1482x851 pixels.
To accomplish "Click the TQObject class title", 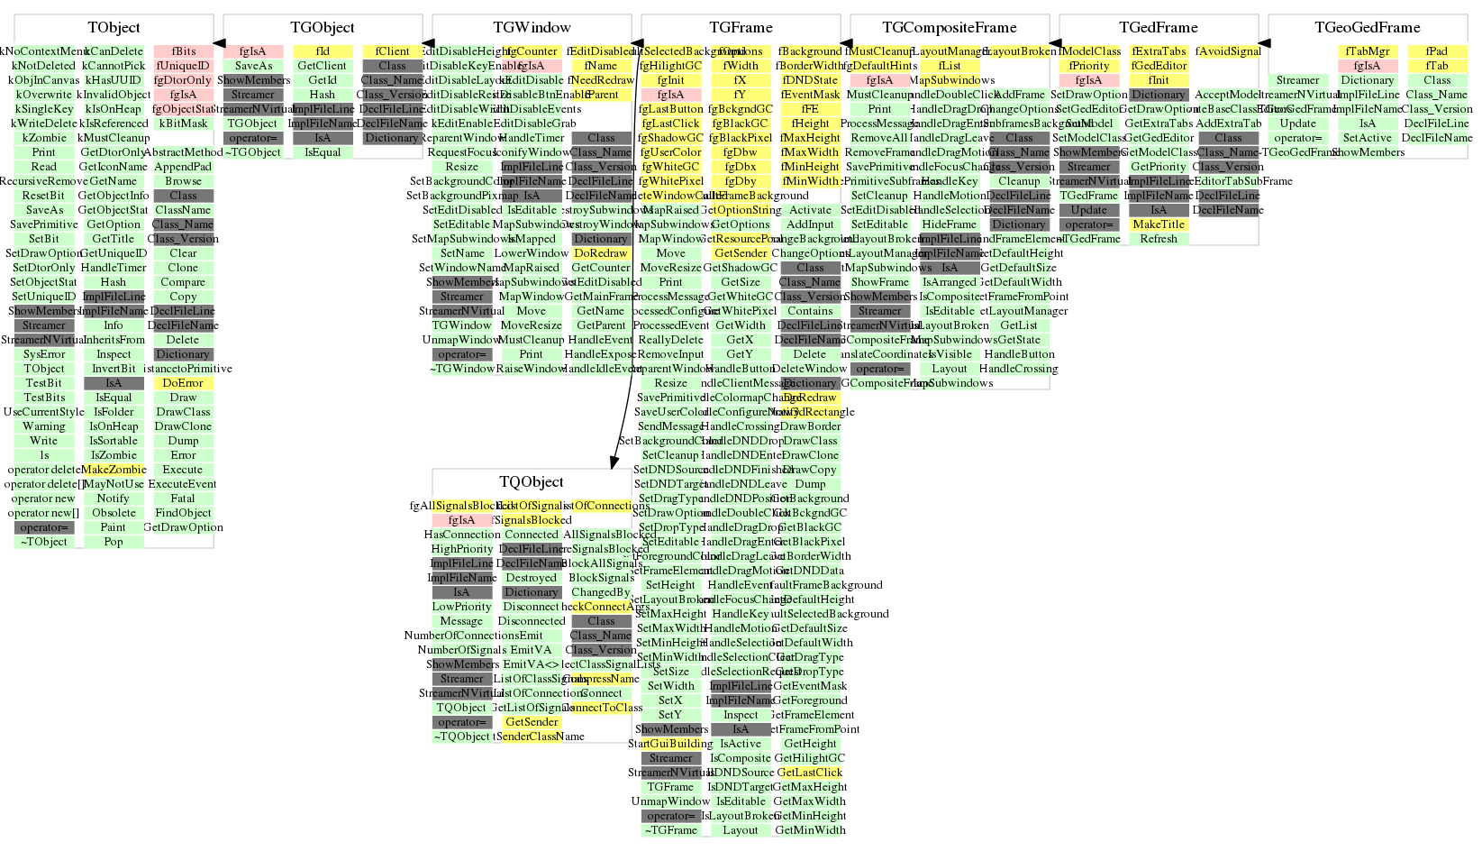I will [x=531, y=482].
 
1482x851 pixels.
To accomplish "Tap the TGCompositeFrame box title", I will [x=949, y=28].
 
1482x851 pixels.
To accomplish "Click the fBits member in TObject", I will [x=183, y=51].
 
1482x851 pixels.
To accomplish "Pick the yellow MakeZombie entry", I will [x=114, y=470].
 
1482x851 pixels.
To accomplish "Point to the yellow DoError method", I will [x=183, y=383].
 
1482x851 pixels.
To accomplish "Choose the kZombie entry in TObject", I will [x=44, y=138].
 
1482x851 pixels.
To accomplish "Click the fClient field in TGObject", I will [x=392, y=51].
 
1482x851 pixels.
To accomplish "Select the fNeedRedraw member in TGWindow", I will [x=602, y=80].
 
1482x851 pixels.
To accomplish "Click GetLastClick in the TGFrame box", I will [x=809, y=773].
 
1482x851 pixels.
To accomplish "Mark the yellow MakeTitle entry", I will [x=1159, y=224].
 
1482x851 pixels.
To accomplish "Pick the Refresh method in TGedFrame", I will [x=1159, y=239].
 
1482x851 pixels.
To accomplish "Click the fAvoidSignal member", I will [x=1228, y=51].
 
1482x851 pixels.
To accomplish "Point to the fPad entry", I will [x=1437, y=51].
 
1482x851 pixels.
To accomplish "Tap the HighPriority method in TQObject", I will [x=462, y=549].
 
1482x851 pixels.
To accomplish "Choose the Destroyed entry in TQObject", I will [x=532, y=578].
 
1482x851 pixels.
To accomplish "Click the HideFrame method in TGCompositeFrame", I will [x=949, y=224].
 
